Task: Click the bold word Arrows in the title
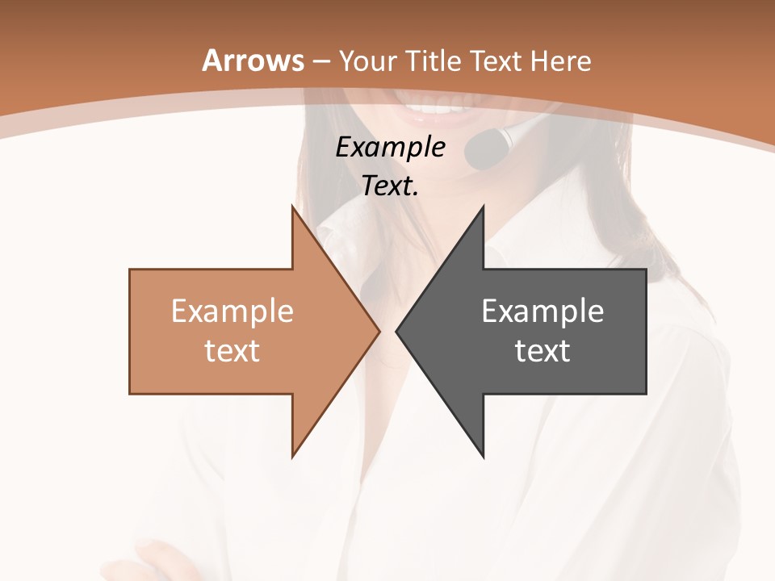[x=253, y=61]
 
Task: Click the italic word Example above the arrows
[x=390, y=147]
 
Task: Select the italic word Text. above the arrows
[x=390, y=186]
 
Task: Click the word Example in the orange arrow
[x=232, y=311]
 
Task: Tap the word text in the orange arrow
[x=232, y=350]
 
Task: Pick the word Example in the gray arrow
[x=542, y=311]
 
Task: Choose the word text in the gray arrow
[x=542, y=350]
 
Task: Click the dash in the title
[x=320, y=61]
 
